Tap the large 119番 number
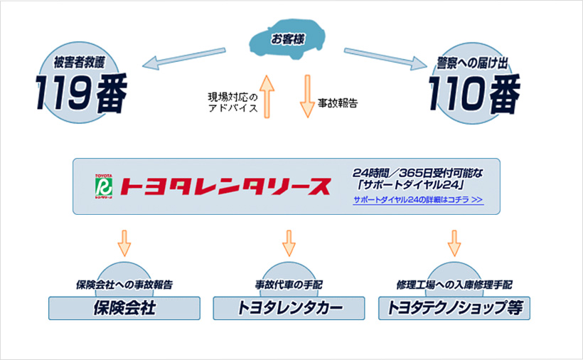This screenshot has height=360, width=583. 82,93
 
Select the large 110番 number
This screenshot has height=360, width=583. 474,93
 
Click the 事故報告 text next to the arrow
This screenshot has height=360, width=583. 337,102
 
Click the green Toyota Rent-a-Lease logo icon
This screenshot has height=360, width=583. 104,186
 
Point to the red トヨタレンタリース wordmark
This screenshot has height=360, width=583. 226,186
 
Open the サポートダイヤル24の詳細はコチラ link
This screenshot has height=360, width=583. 418,201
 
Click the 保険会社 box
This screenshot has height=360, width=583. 124,308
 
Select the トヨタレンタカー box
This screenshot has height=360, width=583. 289,308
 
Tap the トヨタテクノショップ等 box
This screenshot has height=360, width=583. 454,308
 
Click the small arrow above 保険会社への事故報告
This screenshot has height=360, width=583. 124,243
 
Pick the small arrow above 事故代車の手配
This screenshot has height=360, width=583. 289,243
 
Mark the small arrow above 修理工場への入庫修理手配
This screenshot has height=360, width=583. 454,243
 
